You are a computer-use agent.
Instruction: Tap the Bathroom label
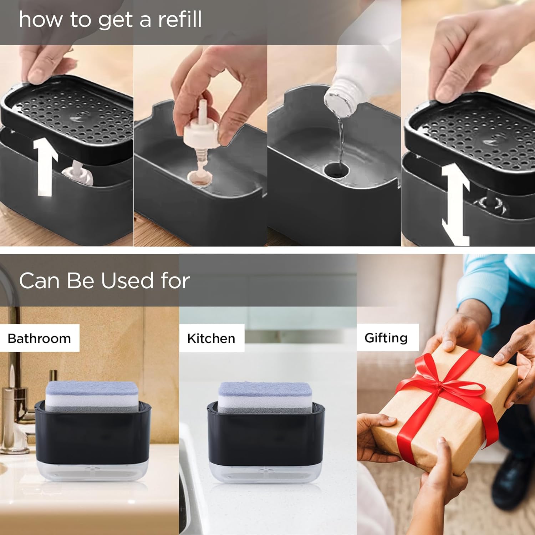tap(39, 338)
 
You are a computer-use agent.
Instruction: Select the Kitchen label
tap(211, 338)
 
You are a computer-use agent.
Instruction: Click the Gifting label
tap(386, 337)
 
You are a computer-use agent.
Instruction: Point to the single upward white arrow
tap(45, 167)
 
